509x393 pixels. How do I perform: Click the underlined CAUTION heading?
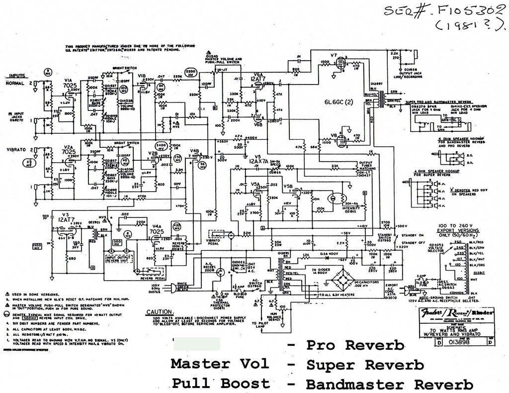coord(159,312)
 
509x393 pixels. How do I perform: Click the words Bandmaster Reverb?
coord(389,384)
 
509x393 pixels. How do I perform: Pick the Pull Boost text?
coord(221,383)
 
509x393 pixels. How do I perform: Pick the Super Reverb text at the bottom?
coord(365,365)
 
